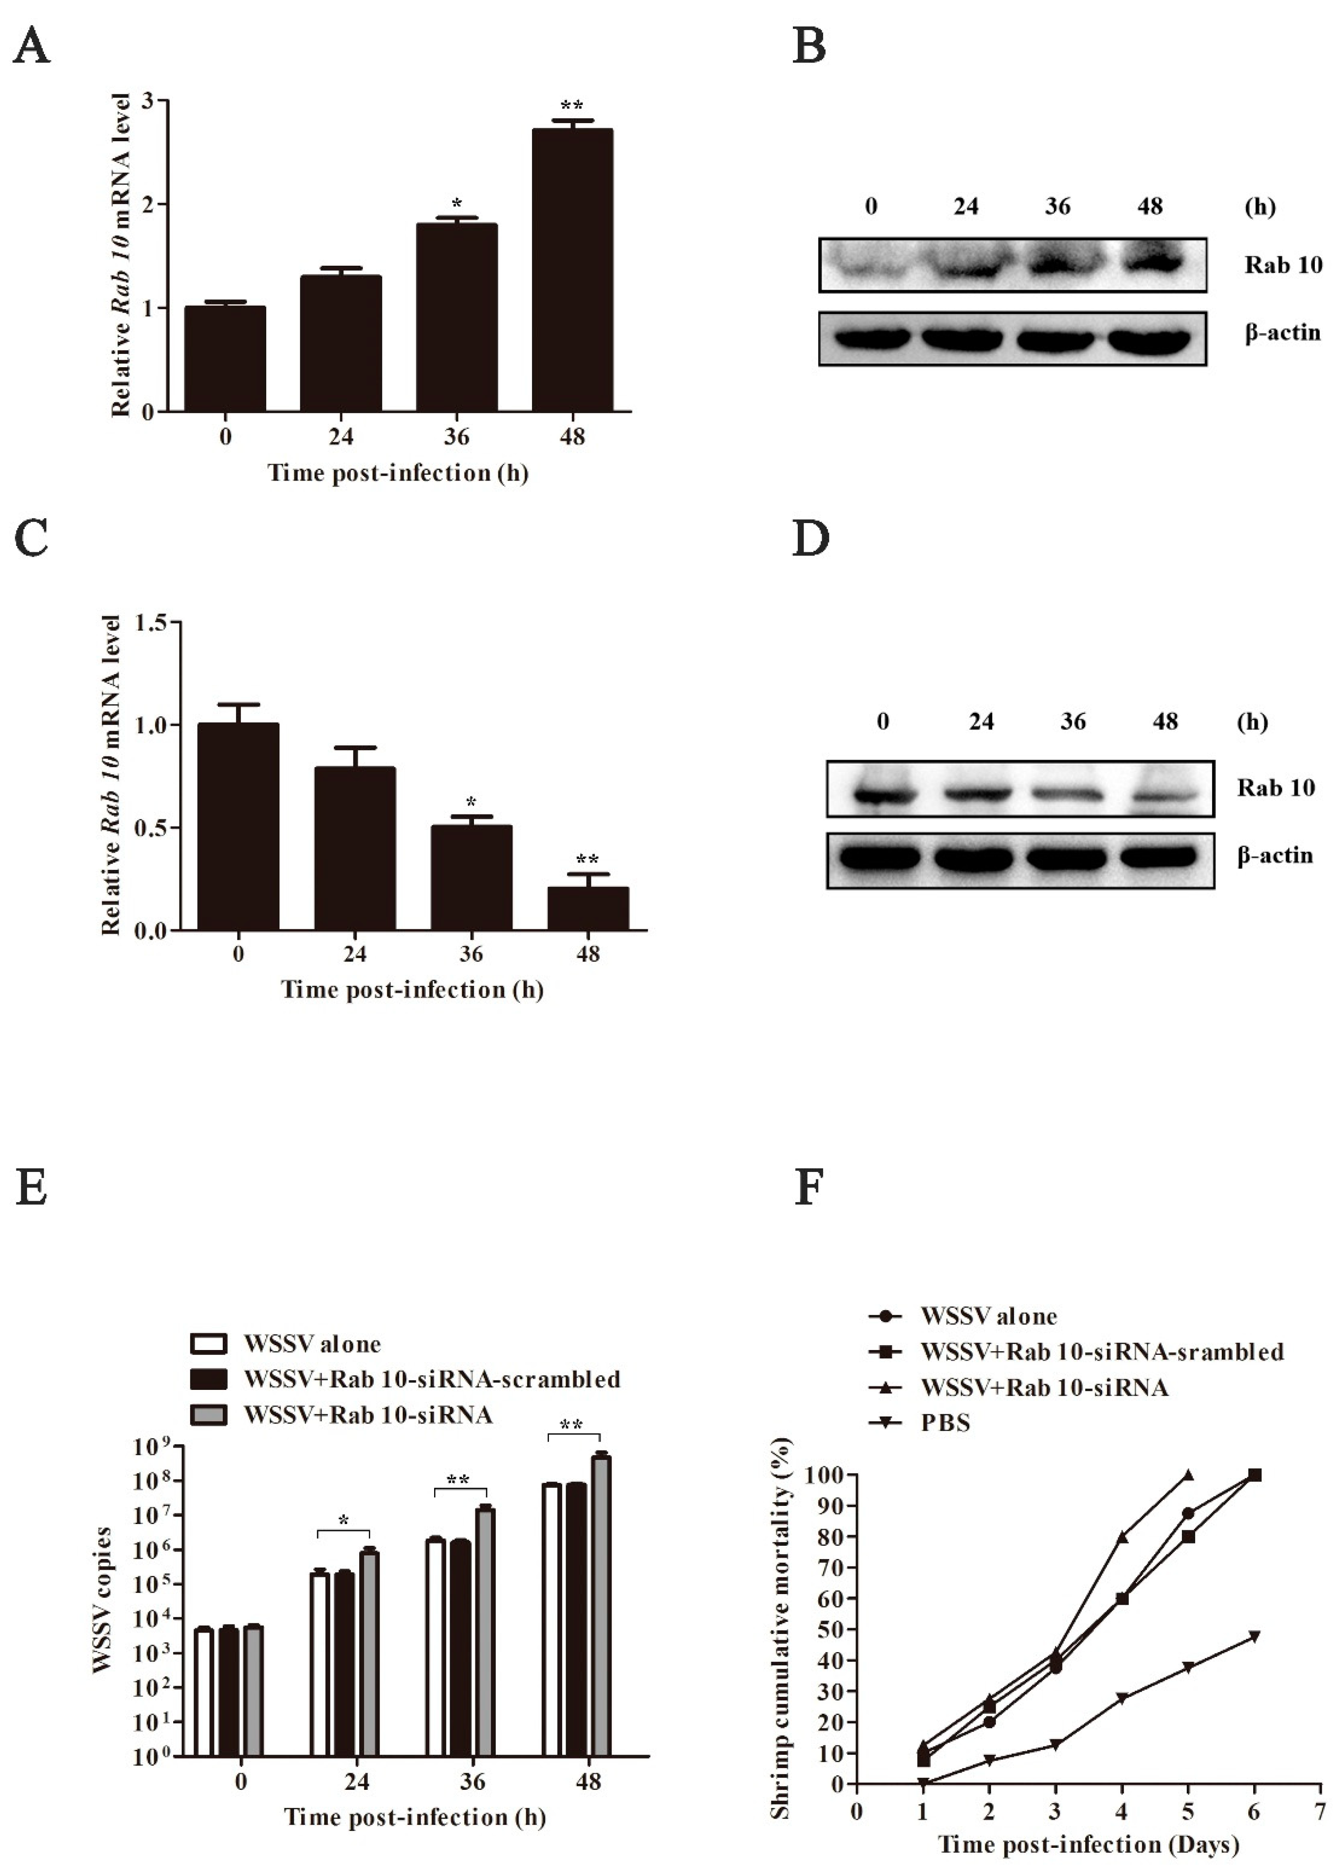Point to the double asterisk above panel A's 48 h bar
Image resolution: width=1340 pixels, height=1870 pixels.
(571, 105)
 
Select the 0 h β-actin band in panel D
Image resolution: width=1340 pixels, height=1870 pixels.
(880, 857)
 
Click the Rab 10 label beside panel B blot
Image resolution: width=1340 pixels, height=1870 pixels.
(1282, 265)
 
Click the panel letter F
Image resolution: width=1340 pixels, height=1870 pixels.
(809, 1188)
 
